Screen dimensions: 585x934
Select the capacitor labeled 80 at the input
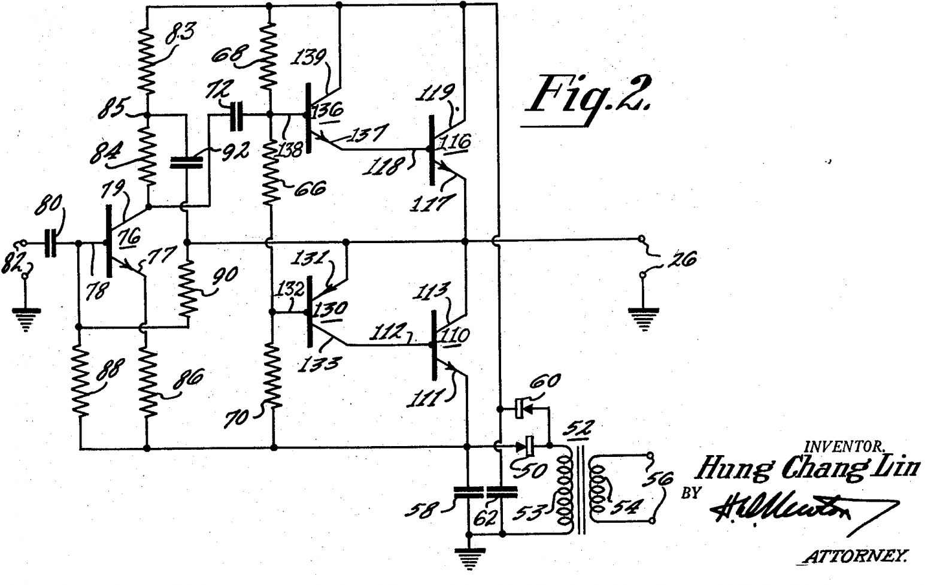52,243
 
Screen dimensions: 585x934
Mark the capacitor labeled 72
237,114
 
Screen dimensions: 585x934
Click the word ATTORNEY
855,557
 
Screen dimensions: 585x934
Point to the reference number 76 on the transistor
130,237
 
